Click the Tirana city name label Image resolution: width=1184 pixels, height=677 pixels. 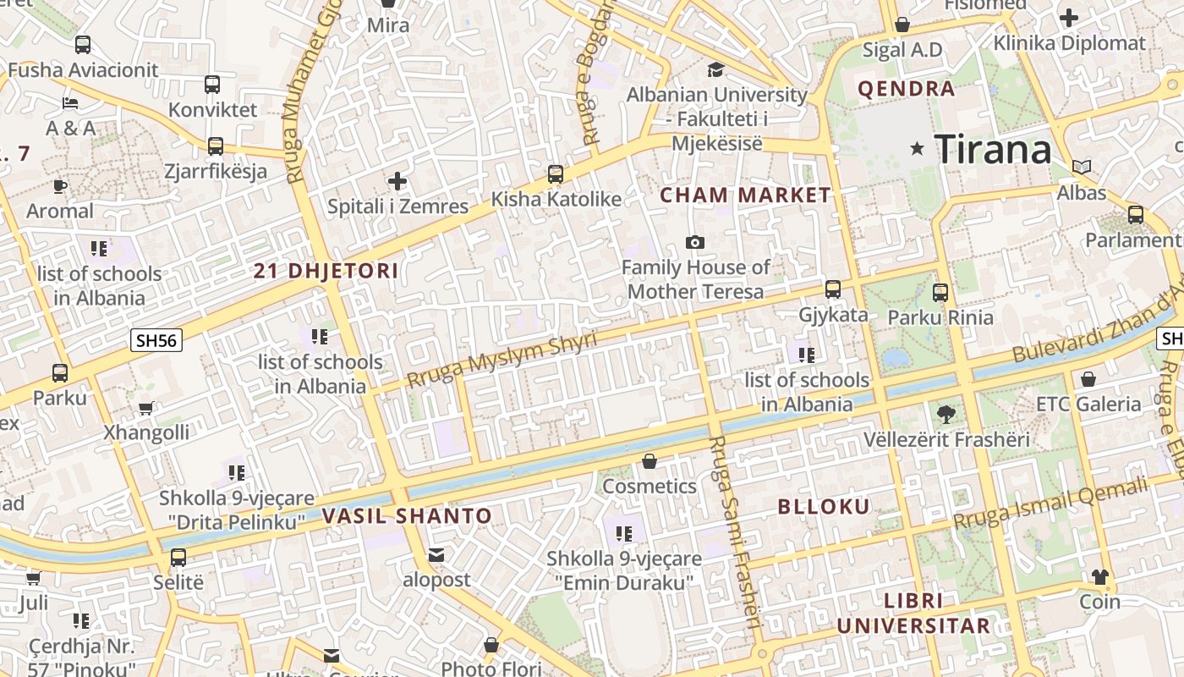(x=993, y=150)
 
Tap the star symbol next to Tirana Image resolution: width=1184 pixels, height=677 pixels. (x=917, y=149)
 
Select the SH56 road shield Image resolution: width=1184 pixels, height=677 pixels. (x=156, y=340)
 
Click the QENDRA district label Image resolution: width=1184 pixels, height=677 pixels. (x=906, y=89)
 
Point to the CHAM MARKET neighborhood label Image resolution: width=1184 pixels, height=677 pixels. (x=745, y=195)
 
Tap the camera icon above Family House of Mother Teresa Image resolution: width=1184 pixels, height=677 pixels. (x=695, y=243)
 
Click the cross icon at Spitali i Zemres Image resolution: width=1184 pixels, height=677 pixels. (x=397, y=181)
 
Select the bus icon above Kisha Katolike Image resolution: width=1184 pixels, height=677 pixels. (x=555, y=174)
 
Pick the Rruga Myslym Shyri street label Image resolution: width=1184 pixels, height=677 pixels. (x=502, y=359)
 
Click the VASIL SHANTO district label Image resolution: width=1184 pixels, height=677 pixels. (x=407, y=516)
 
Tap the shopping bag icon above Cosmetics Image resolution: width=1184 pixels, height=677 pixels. (x=650, y=461)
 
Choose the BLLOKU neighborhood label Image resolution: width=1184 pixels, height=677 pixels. (x=823, y=507)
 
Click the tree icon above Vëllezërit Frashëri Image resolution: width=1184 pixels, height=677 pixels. (x=946, y=415)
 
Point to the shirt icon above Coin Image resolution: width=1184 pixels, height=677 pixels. (x=1099, y=577)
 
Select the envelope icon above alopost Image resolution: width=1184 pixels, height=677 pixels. (x=436, y=555)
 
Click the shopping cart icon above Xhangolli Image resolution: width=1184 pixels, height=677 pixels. (x=146, y=408)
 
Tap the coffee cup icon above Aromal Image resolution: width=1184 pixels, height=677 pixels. (x=59, y=186)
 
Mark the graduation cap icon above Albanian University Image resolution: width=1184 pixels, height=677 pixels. (x=716, y=69)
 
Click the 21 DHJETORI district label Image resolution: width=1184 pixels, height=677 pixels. (x=326, y=272)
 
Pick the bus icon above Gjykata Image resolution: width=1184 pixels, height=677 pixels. (x=833, y=289)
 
